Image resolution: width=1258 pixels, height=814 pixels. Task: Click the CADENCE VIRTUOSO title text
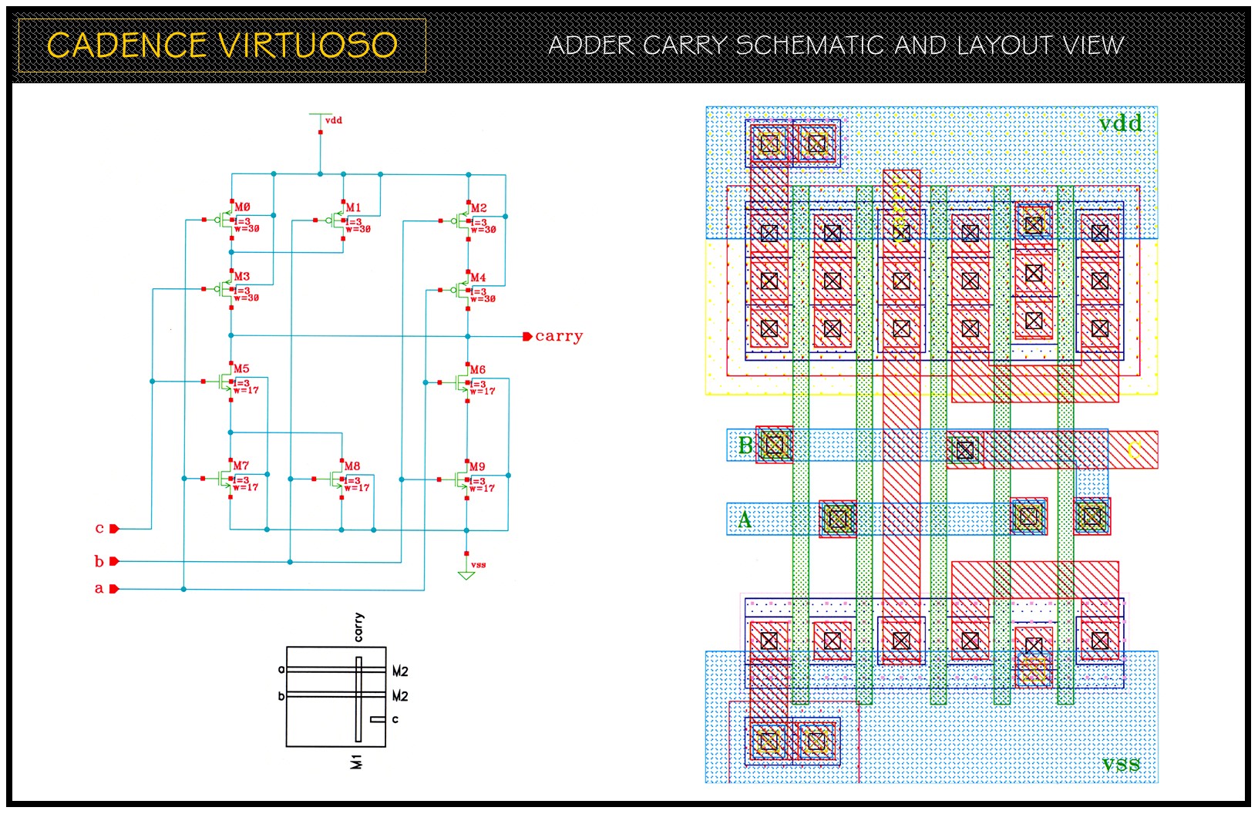coord(222,45)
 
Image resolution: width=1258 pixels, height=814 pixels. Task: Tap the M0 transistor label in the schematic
coord(242,207)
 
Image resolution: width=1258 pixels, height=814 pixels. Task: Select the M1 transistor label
coord(353,207)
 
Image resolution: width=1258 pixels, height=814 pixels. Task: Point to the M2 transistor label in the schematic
coord(479,208)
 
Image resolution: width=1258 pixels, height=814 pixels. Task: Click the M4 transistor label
coord(478,277)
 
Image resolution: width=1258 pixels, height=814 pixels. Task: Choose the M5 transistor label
coord(241,369)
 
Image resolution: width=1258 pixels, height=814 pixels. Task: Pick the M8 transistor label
coord(352,466)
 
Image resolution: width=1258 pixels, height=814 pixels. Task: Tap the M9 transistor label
coord(478,467)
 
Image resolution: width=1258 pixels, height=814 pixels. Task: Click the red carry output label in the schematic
coord(558,336)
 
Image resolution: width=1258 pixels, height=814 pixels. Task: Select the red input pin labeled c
coord(113,529)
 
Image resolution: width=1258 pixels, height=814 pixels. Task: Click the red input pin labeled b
coord(113,561)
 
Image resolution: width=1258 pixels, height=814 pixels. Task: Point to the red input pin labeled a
coord(113,589)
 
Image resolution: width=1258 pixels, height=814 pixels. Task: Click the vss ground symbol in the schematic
coord(466,573)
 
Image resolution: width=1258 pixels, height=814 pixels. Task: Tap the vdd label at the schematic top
coord(334,120)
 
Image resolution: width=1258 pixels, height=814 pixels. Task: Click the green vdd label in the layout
coord(1120,123)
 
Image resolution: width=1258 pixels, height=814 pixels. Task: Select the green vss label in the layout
coord(1121,764)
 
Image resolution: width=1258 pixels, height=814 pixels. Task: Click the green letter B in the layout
coord(745,446)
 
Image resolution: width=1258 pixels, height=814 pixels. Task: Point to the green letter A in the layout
coord(745,520)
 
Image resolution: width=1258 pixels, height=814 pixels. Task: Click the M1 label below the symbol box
coord(356,762)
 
